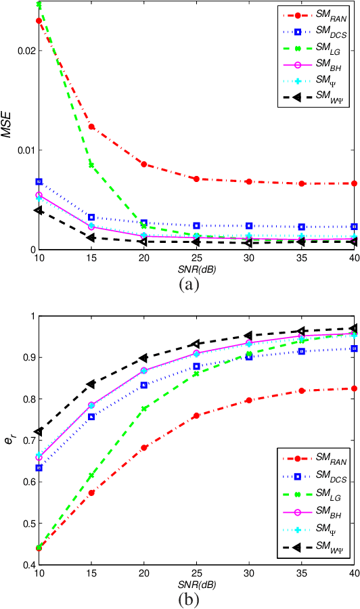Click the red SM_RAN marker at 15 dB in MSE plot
[x=91, y=127]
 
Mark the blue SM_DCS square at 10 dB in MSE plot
[x=39, y=182]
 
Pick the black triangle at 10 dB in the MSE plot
[x=39, y=210]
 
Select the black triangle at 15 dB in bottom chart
[x=91, y=384]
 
